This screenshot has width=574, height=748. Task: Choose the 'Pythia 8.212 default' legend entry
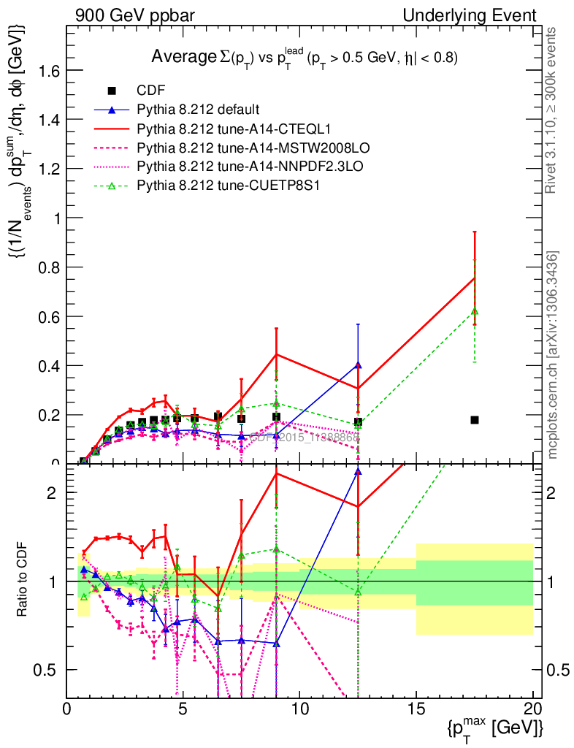(x=198, y=110)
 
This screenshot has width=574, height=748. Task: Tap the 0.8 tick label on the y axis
(x=47, y=267)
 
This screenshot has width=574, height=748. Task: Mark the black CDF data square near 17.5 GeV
(x=475, y=420)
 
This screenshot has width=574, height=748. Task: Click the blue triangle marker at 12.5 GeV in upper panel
(x=358, y=365)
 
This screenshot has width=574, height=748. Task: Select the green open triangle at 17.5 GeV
(x=475, y=311)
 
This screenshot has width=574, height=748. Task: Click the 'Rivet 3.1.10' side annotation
(x=554, y=110)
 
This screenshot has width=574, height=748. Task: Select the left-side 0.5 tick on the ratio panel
(x=47, y=670)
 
